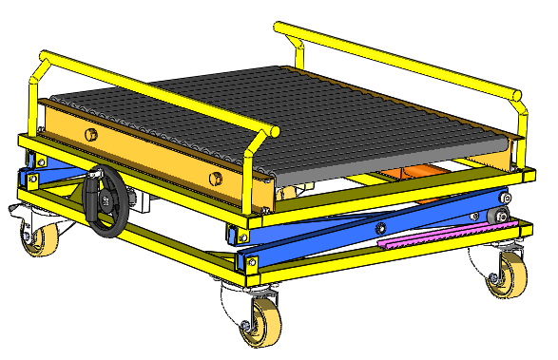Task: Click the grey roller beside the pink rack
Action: (495, 218)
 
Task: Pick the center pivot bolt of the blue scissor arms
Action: (380, 227)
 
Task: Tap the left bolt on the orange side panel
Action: (92, 134)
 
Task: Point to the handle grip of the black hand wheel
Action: (96, 178)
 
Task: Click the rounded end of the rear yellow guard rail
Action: (516, 94)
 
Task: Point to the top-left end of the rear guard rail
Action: (279, 28)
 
